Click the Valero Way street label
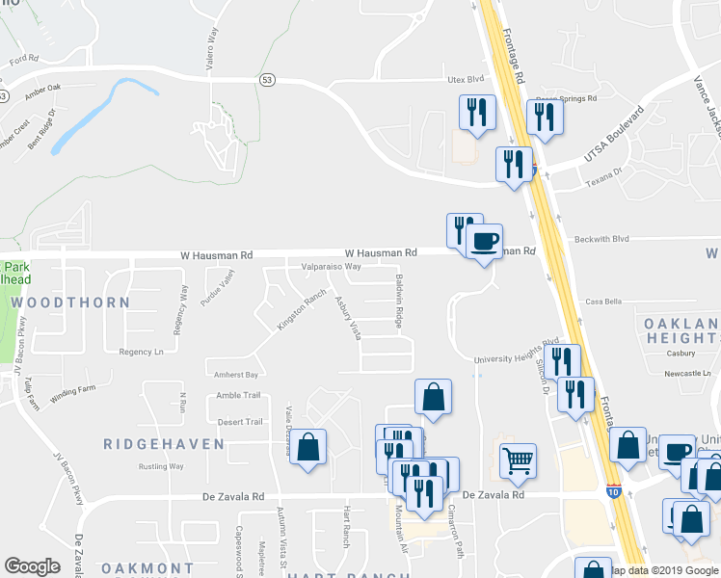click(207, 43)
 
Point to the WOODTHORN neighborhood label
click(70, 302)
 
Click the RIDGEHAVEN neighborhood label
click(164, 444)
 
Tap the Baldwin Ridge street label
click(398, 302)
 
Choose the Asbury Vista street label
click(348, 316)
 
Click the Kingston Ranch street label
click(296, 311)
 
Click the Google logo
click(32, 566)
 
